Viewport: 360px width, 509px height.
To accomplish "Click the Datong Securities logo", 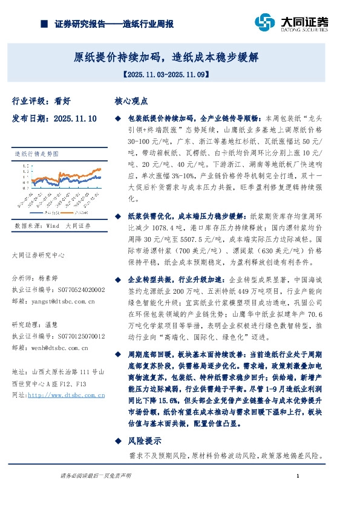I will [x=291, y=23].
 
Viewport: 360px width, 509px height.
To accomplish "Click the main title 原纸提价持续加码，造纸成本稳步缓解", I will [x=166, y=58].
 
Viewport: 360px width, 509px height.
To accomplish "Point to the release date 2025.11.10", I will [x=54, y=119].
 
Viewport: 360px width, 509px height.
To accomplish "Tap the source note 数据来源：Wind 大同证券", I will [x=53, y=225].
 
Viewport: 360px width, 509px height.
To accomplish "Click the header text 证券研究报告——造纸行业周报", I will [x=114, y=24].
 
